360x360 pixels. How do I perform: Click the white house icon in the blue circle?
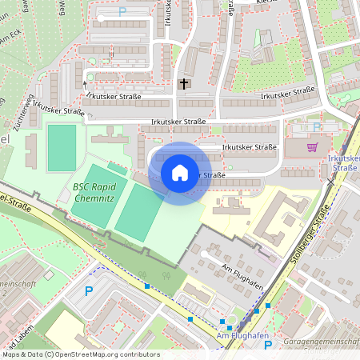point(180,173)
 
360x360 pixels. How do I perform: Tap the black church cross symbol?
point(184,83)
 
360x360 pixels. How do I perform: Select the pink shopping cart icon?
point(312,146)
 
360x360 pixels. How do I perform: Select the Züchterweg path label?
point(30,112)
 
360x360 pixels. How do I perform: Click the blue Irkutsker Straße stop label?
point(344,164)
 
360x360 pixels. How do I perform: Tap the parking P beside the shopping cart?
point(317,126)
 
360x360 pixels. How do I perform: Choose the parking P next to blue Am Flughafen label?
point(268,345)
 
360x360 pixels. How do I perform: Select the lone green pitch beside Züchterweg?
point(62,147)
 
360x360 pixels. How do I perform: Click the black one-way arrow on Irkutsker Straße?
point(85,83)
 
